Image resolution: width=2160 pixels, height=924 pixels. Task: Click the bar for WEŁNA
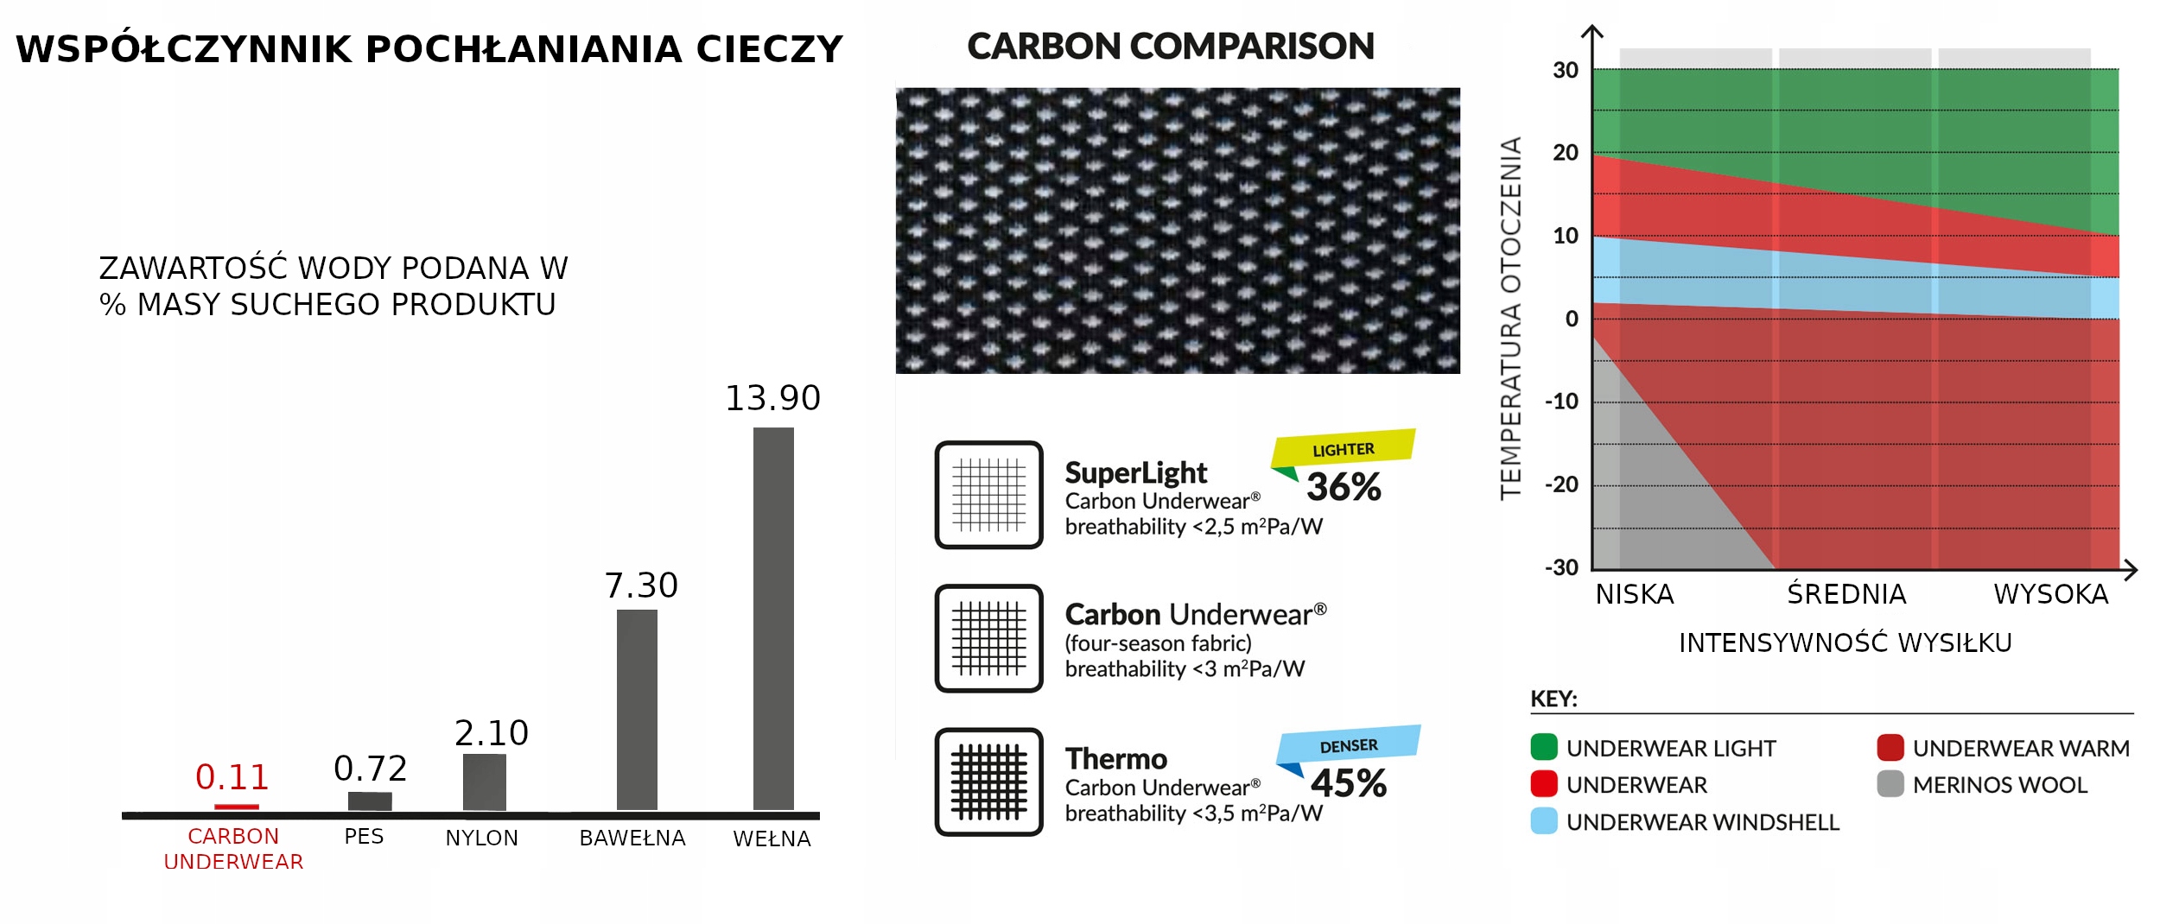click(x=773, y=618)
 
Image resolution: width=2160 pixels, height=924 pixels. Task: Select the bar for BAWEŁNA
click(x=637, y=710)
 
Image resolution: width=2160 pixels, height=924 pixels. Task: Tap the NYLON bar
click(x=484, y=782)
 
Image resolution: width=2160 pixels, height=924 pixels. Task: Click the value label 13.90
click(x=772, y=398)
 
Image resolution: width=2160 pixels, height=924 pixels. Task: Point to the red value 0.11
click(x=232, y=777)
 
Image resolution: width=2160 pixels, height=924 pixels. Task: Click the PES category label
click(x=364, y=836)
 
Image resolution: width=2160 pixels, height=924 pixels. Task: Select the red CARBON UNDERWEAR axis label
click(x=233, y=849)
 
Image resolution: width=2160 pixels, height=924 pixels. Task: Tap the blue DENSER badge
click(x=1349, y=744)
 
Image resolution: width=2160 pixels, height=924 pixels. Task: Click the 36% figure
click(x=1344, y=487)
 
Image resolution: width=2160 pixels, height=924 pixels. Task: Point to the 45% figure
click(x=1349, y=783)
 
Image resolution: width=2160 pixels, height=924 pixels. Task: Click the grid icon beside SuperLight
click(x=988, y=495)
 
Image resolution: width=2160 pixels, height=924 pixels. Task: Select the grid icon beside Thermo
click(x=988, y=782)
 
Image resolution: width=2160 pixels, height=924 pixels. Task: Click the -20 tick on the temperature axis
click(x=1562, y=484)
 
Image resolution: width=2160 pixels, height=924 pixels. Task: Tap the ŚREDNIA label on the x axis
click(x=1846, y=594)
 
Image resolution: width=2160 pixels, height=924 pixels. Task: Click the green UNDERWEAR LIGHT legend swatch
click(x=1543, y=747)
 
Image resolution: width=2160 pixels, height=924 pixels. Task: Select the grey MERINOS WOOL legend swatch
click(x=1890, y=784)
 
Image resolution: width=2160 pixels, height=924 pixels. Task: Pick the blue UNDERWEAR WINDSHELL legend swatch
click(x=1543, y=821)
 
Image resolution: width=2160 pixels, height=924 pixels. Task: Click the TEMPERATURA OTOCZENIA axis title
click(x=1510, y=318)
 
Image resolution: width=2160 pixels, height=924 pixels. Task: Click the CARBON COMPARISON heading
click(x=1170, y=47)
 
